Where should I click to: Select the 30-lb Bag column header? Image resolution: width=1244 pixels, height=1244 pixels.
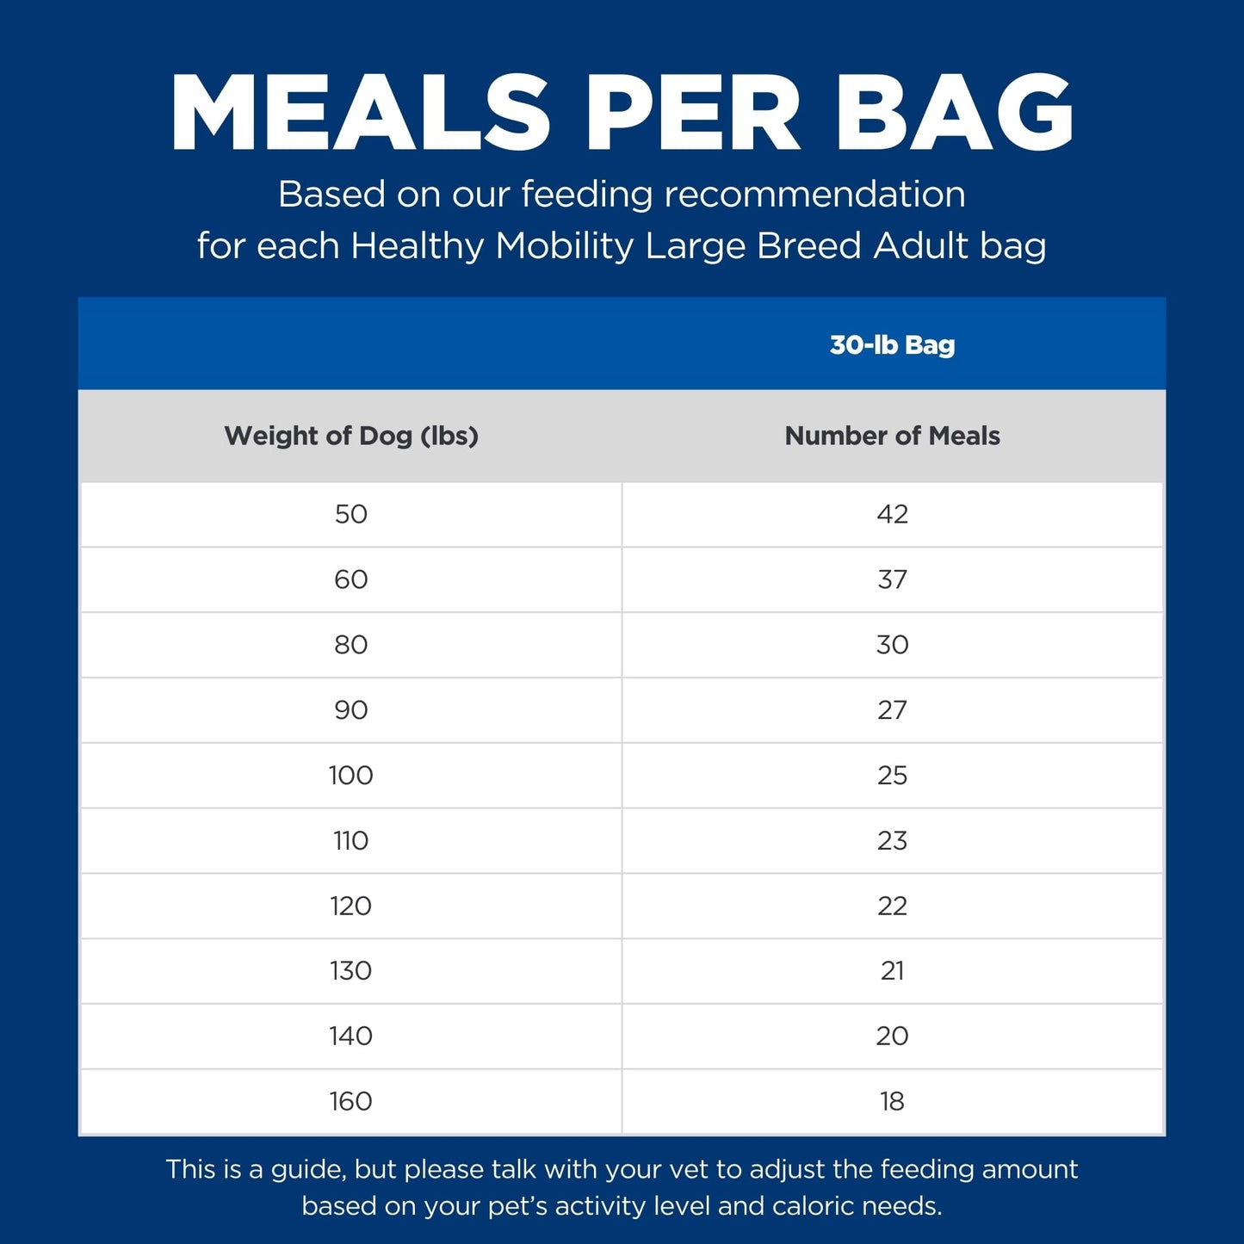pos(892,345)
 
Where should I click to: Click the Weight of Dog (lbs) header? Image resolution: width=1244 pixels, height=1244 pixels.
pos(351,436)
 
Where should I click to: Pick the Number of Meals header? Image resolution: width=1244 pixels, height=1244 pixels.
pos(892,436)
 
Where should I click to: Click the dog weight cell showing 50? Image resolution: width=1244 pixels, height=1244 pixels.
pos(351,514)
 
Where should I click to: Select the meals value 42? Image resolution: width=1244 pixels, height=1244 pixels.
pos(892,514)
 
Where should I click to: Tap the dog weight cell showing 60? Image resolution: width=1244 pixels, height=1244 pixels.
pos(351,579)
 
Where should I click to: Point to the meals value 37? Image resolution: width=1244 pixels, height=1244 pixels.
pos(892,579)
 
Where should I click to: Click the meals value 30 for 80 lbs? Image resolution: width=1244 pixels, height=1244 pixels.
pos(892,645)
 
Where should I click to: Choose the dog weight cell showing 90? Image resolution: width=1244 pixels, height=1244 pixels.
pos(351,710)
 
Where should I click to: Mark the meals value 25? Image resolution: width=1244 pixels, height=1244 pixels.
pos(892,776)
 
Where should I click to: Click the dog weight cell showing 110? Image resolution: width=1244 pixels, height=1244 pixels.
pos(351,840)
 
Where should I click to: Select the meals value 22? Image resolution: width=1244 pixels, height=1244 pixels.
pos(892,906)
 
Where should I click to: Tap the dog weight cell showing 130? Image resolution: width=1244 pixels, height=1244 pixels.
pos(351,971)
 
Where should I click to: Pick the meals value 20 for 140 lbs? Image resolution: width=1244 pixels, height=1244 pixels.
pos(892,1036)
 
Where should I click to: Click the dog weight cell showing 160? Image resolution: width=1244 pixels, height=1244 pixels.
pos(351,1101)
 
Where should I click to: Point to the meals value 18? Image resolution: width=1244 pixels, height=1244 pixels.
pos(892,1101)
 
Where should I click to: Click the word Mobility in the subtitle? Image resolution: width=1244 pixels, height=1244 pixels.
pos(564,246)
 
